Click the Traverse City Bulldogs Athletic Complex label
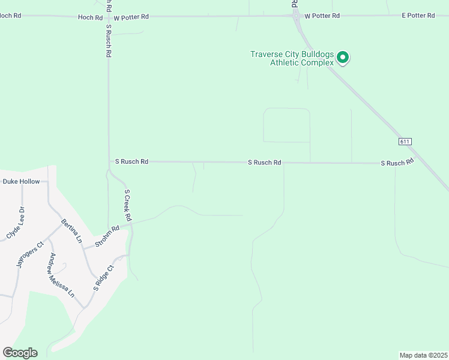tap(292, 58)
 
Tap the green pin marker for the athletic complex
tap(343, 58)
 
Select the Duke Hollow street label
tap(21, 181)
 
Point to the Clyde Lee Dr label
tap(15, 223)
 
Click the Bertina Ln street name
tap(71, 231)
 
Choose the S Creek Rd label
tap(127, 205)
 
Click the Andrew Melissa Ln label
tap(62, 275)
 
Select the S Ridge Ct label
tap(103, 278)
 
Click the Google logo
tap(20, 353)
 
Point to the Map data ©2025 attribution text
tap(423, 355)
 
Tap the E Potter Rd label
tap(418, 16)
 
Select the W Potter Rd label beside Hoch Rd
tap(131, 18)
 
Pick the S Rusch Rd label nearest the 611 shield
tap(397, 163)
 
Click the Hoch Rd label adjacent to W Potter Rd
tap(90, 18)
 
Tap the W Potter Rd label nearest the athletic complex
tap(322, 16)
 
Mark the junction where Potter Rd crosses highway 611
tap(297, 16)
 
